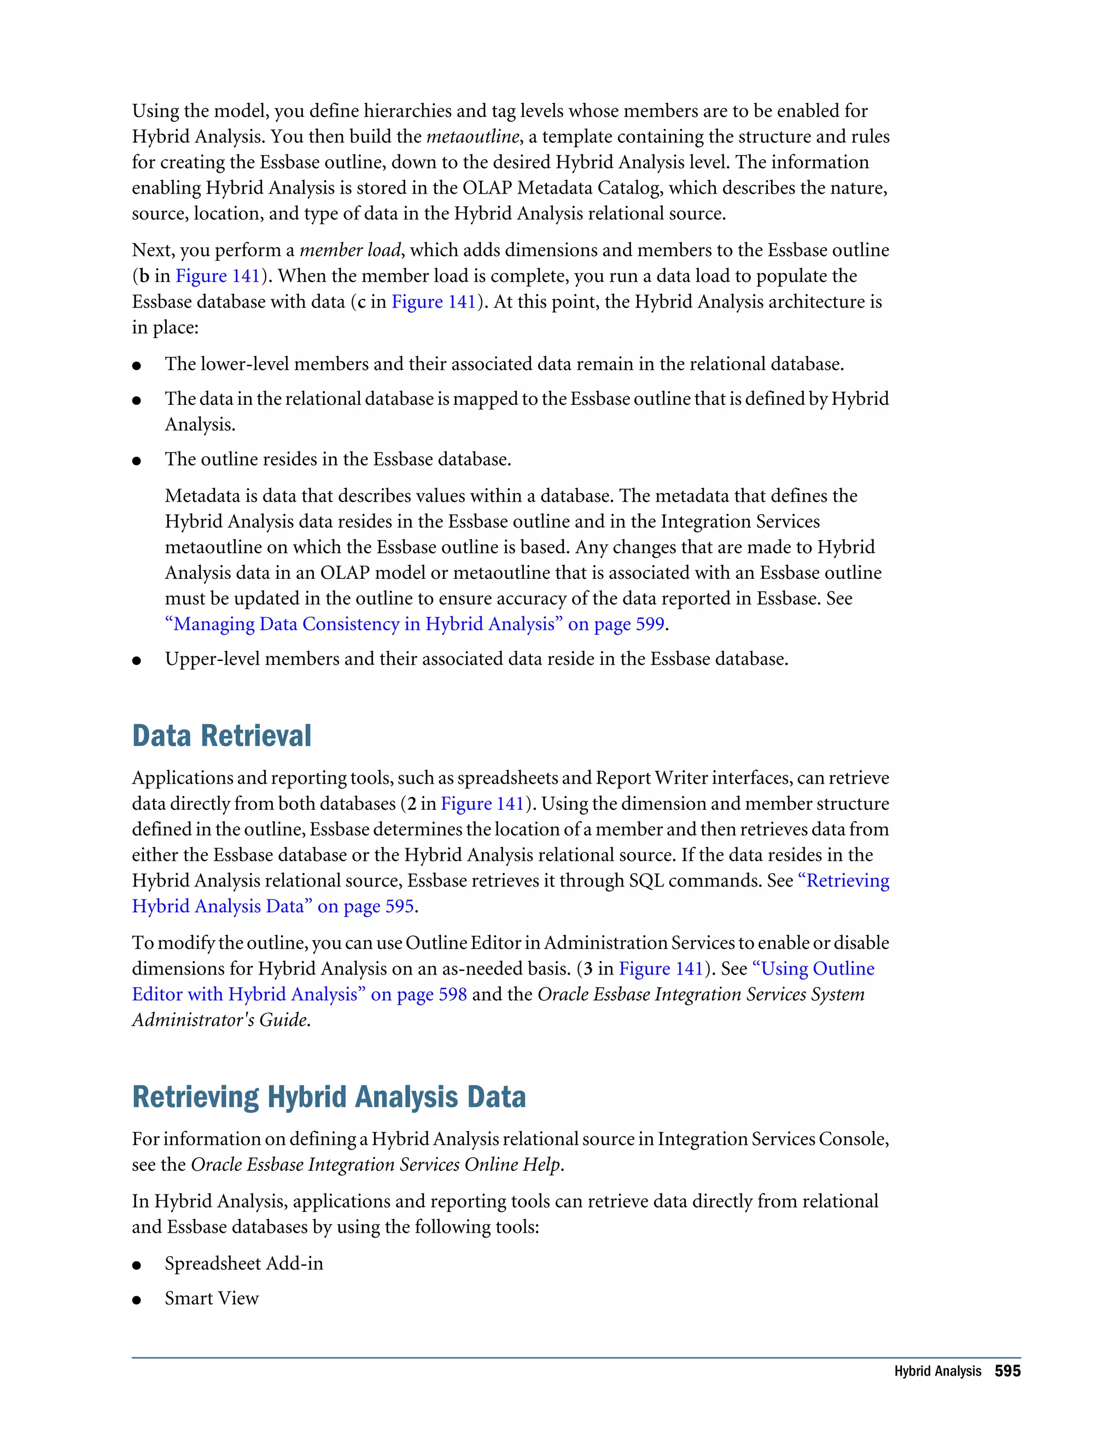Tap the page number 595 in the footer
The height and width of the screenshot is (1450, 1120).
(x=1007, y=1371)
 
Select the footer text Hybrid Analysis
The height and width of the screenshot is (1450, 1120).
(x=937, y=1372)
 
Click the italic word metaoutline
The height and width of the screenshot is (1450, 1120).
(x=472, y=137)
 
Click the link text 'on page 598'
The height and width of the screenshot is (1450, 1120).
(x=419, y=995)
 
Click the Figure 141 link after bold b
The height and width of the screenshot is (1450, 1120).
(x=217, y=276)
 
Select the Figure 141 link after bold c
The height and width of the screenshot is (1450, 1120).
(x=433, y=302)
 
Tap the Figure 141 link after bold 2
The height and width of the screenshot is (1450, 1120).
(x=482, y=804)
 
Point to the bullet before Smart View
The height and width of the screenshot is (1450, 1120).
(x=137, y=1300)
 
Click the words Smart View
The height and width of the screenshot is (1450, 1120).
(x=212, y=1298)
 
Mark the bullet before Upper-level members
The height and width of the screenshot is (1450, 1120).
(x=137, y=660)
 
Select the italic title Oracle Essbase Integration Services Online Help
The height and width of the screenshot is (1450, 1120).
(x=376, y=1165)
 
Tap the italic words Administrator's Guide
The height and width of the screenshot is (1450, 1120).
(x=221, y=1020)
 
